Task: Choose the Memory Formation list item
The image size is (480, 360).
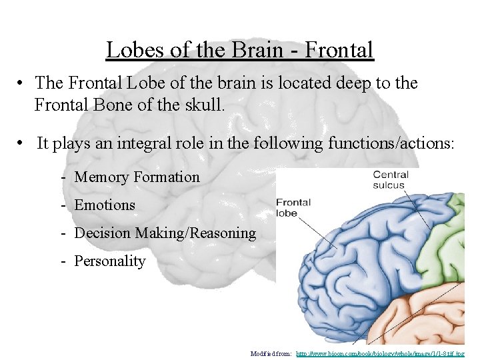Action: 137,177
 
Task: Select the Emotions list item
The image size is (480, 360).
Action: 105,205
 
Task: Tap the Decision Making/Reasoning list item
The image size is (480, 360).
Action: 165,233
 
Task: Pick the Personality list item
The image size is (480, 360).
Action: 109,261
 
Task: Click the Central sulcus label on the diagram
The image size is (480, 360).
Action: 391,180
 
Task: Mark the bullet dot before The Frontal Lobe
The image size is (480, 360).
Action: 22,83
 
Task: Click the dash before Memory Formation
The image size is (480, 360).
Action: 62,177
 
